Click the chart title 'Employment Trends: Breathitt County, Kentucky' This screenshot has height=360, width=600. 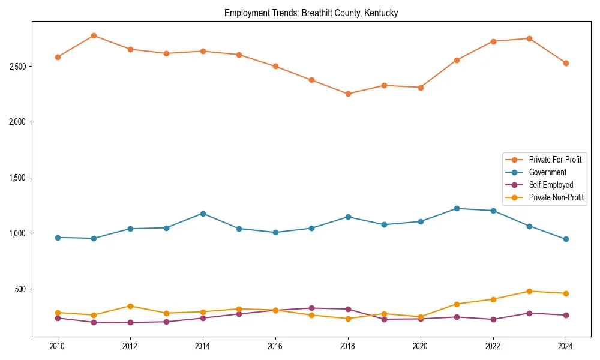311,13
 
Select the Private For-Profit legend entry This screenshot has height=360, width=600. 555,160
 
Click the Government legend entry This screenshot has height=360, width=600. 547,172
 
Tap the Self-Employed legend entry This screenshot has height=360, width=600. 551,185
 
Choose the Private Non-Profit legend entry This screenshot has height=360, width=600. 556,197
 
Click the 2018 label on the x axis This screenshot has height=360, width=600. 347,346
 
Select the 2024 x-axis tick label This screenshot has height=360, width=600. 565,346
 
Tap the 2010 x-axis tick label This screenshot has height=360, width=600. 58,346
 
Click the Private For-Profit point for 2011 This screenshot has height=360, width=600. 94,35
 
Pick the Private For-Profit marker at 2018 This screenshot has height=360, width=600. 348,94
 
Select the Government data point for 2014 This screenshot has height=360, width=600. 203,214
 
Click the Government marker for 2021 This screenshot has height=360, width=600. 457,208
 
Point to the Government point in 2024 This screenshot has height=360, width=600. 566,239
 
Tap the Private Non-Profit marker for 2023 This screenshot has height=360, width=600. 529,291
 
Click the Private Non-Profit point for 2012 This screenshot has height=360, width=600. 130,306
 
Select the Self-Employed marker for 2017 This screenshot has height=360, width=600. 311,308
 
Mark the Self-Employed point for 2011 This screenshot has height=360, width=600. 94,322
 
